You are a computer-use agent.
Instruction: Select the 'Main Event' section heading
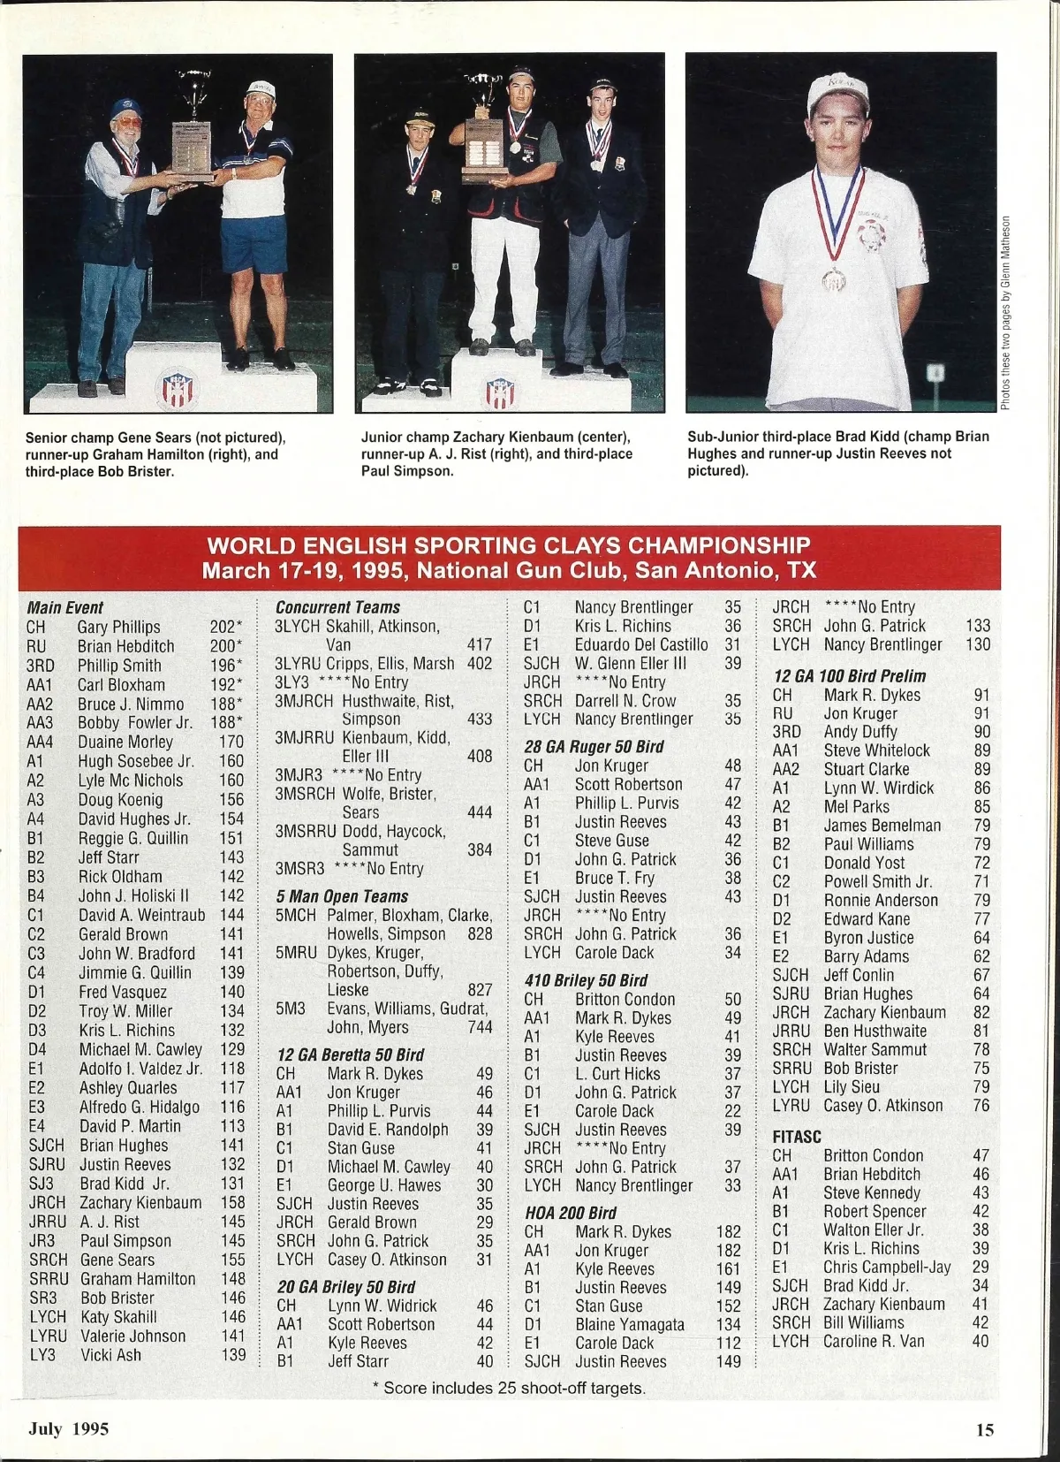[x=65, y=607]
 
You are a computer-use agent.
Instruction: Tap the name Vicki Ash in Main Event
[x=110, y=1354]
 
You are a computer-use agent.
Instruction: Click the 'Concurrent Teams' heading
[x=337, y=607]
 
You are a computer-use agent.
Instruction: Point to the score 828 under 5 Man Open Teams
[x=480, y=933]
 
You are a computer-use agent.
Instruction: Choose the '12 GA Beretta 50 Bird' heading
[x=350, y=1055]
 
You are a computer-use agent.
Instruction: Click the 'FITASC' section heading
[x=797, y=1137]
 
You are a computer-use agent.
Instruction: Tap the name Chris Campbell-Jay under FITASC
[x=887, y=1267]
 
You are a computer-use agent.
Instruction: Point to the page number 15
[x=985, y=1429]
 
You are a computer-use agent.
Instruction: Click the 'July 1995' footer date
[x=69, y=1428]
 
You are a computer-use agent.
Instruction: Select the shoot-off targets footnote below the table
[x=509, y=1388]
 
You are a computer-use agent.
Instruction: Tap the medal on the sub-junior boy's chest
[x=833, y=279]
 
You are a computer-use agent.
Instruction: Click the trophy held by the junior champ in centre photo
[x=484, y=133]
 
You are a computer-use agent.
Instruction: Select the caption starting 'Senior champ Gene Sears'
[x=155, y=454]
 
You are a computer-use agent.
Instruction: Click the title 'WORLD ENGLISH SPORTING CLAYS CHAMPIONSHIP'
[x=508, y=544]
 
